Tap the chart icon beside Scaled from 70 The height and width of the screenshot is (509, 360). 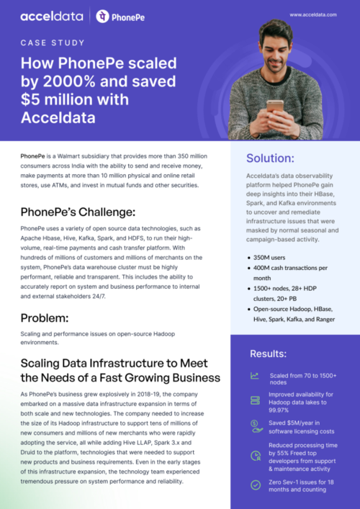[x=255, y=376]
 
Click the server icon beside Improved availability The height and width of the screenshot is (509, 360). [x=255, y=400]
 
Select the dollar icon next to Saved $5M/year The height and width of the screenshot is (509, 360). [x=255, y=425]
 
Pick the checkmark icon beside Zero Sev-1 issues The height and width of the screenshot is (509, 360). [x=255, y=485]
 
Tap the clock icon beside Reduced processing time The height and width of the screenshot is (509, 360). [x=255, y=455]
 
